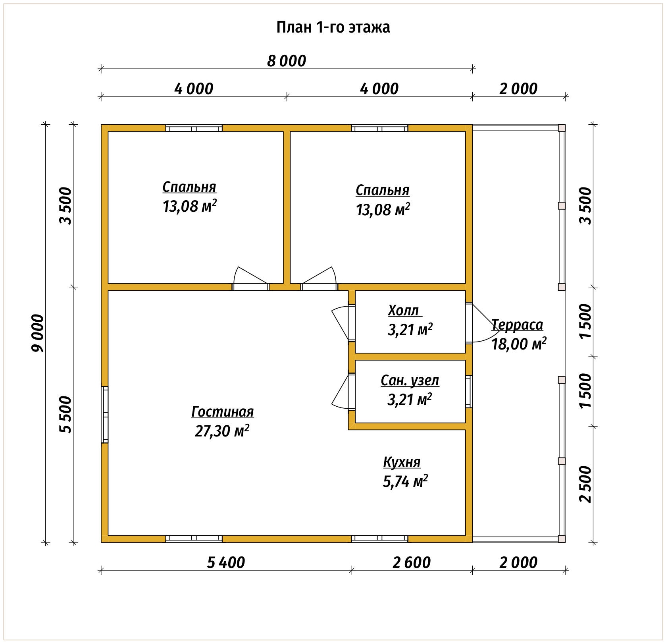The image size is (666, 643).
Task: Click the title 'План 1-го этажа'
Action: [333, 27]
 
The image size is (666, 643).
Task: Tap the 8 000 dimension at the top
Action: [287, 61]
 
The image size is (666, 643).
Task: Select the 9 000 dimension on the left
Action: [38, 333]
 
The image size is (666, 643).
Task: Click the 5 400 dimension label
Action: [226, 562]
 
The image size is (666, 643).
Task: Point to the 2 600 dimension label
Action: [412, 562]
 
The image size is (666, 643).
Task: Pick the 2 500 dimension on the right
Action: [585, 484]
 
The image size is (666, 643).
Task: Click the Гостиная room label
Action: [222, 412]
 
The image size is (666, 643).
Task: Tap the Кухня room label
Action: [402, 462]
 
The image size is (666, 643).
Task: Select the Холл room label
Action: [403, 311]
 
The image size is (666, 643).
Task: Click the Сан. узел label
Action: [410, 380]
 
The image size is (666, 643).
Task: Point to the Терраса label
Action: [517, 325]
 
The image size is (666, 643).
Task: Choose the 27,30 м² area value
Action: [222, 431]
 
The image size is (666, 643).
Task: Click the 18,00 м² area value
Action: [519, 344]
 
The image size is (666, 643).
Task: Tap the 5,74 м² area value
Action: [405, 481]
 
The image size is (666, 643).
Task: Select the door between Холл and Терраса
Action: [479, 323]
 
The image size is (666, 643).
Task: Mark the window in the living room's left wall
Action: [105, 414]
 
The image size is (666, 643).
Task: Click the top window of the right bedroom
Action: [379, 128]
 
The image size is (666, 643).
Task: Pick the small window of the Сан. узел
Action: [469, 391]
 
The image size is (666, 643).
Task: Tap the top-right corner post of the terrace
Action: [562, 128]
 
